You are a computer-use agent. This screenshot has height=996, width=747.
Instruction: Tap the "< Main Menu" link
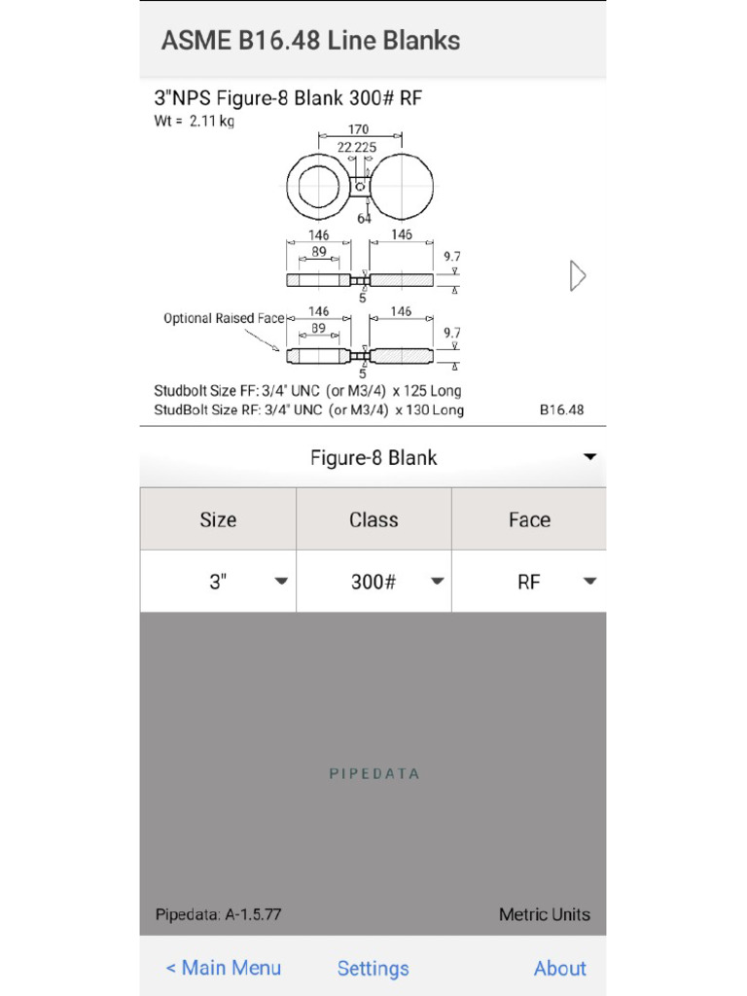point(223,968)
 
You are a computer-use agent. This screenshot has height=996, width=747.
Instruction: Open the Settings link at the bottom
point(373,968)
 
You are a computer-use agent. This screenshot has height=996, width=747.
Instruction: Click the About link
point(559,968)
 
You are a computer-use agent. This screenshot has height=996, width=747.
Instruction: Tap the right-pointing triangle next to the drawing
point(577,276)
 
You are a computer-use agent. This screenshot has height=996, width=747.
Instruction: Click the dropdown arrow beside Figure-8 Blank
point(589,457)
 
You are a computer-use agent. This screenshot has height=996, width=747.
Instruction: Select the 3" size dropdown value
point(218,582)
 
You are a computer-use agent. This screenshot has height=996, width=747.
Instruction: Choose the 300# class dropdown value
point(373,582)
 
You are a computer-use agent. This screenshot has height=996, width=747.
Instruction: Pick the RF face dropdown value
point(529,582)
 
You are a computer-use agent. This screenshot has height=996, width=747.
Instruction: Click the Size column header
point(218,519)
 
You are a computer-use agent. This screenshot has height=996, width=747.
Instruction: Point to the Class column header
point(373,519)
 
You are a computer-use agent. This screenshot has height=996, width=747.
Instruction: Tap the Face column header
point(529,519)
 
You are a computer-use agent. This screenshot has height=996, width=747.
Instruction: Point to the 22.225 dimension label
point(357,147)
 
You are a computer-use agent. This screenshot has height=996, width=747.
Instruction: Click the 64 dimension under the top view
point(364,218)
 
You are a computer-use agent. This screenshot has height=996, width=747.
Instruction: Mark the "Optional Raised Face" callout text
point(224,318)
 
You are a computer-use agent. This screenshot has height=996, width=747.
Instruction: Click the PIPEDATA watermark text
point(373,774)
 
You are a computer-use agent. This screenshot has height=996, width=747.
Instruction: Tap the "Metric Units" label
point(544,914)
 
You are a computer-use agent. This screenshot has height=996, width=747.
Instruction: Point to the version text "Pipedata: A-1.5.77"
point(218,914)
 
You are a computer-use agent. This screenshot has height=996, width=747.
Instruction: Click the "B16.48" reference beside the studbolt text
point(561,409)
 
